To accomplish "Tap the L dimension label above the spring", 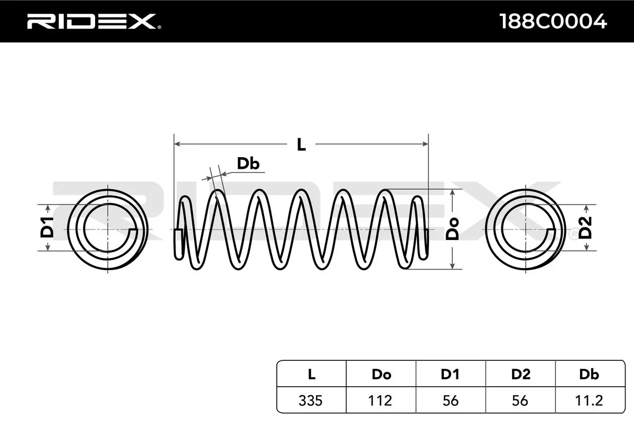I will click(x=301, y=144).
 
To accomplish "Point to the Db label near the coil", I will click(x=248, y=164).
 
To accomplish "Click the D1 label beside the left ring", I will click(x=47, y=227).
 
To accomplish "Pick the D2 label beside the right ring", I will click(x=585, y=227).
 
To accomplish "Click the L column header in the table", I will click(x=311, y=375).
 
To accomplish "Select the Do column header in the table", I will click(x=381, y=375).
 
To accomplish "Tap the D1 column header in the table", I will click(x=451, y=375).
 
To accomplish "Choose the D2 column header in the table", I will click(x=521, y=375).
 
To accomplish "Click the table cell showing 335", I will click(x=311, y=400).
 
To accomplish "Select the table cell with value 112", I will click(x=381, y=400).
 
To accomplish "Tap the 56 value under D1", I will click(x=451, y=400).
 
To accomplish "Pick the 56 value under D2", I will click(x=521, y=400).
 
